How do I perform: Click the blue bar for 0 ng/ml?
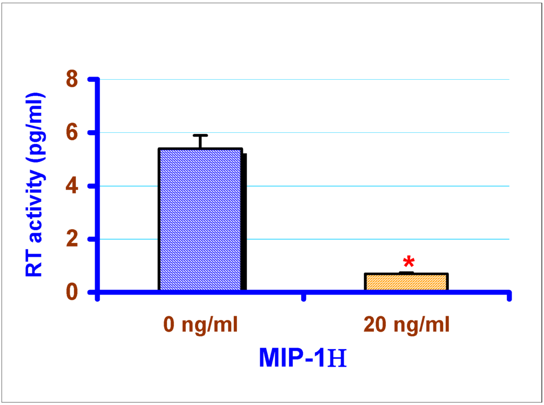[x=200, y=220]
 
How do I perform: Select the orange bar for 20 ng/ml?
[x=406, y=282]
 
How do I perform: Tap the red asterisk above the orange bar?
[x=409, y=261]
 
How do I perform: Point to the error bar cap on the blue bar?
[x=200, y=136]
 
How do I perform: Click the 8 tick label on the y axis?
[x=72, y=79]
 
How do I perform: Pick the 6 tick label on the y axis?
[x=72, y=132]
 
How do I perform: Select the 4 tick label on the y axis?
[x=72, y=186]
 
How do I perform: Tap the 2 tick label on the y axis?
[x=72, y=239]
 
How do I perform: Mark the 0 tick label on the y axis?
[x=72, y=292]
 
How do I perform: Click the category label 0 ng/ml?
[x=200, y=324]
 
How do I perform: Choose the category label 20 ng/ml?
[x=406, y=324]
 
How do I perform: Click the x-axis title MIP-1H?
[x=303, y=358]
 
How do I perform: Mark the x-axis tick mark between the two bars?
[x=304, y=296]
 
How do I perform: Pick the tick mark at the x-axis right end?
[x=509, y=296]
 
